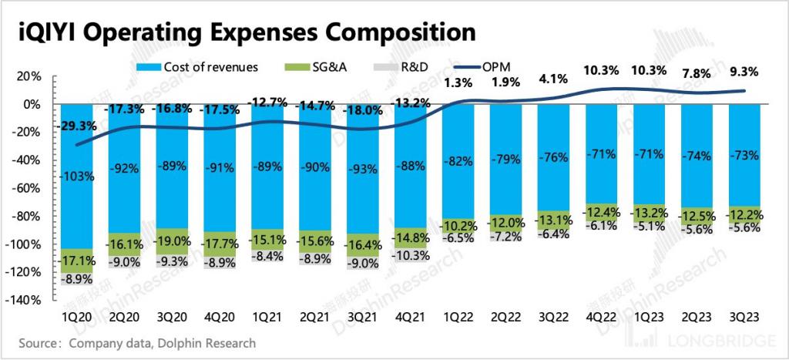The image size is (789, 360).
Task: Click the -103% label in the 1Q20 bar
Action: pos(79,176)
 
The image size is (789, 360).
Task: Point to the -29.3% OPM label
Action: pos(79,125)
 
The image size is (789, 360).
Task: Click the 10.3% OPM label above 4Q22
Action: pos(601,71)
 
